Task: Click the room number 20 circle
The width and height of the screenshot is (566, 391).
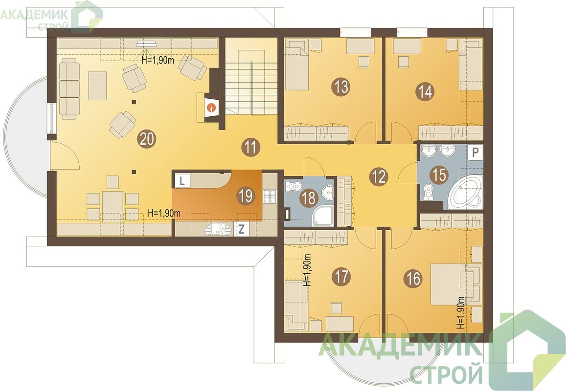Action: coord(147,139)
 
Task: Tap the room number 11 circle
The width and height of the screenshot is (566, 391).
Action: coord(251,148)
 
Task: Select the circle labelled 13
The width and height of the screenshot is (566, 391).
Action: coord(341,87)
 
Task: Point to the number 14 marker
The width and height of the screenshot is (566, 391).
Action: coord(426,91)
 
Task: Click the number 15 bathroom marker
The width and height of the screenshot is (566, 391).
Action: coord(439,175)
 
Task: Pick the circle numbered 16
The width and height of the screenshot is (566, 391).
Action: coord(414,278)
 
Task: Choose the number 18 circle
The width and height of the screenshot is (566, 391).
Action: coord(309,198)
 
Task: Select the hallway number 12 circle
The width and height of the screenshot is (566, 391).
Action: coord(378,177)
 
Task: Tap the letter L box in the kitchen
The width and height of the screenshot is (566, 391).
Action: coord(182,180)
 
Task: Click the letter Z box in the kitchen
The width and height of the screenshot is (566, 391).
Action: coord(242,229)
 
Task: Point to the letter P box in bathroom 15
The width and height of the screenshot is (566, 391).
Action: coord(475,152)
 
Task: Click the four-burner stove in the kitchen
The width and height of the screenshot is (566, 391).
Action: coord(269,196)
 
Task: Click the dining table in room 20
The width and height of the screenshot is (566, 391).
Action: coord(113,206)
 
